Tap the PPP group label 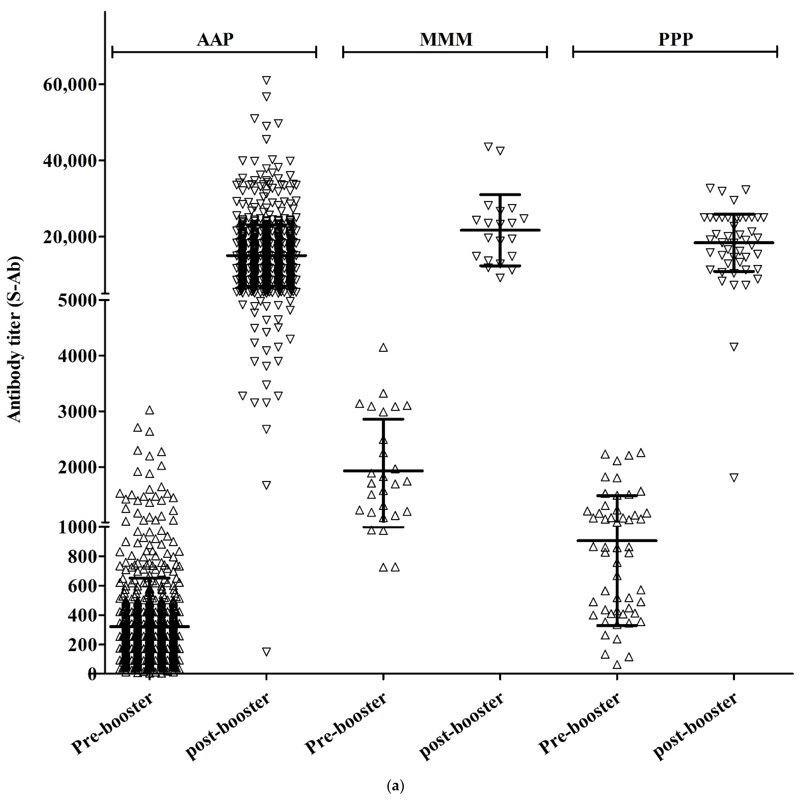pos(675,39)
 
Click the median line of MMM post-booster pos(500,230)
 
